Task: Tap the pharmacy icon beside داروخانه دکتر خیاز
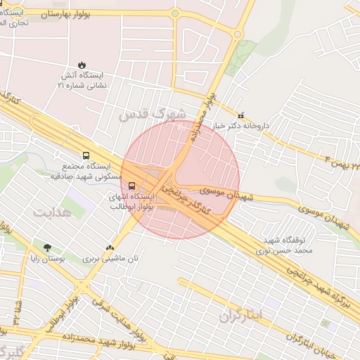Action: (241, 115)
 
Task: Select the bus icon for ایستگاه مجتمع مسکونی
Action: (86, 155)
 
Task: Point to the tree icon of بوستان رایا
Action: (48, 247)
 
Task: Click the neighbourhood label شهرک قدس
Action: (153, 113)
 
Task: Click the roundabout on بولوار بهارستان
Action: (174, 13)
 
